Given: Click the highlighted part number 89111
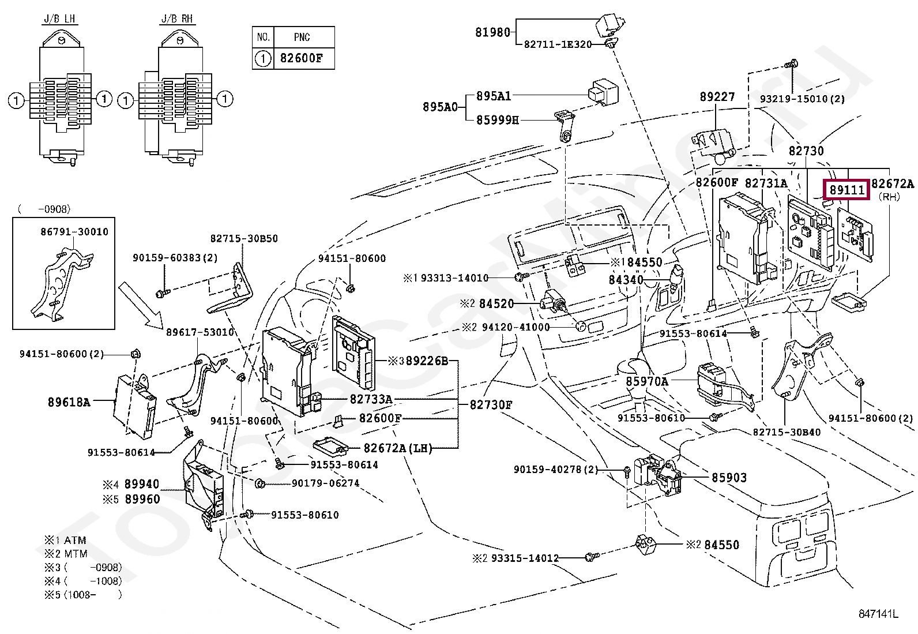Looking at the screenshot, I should click(x=846, y=190).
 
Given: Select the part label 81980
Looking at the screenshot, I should click(x=492, y=32).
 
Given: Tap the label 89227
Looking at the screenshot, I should click(x=717, y=97).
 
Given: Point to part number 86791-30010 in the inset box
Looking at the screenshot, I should click(x=74, y=232).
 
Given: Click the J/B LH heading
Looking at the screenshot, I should click(x=59, y=19).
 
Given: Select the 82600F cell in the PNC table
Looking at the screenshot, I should click(x=302, y=58).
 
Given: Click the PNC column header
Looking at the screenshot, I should click(x=302, y=37).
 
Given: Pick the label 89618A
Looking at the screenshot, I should click(x=69, y=402).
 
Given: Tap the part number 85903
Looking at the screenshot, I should click(x=729, y=478).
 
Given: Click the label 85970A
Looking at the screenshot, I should click(x=647, y=382).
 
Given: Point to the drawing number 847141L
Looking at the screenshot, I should click(x=878, y=614).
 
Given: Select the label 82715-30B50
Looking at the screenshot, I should click(x=244, y=238).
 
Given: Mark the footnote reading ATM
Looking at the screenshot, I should click(x=75, y=541).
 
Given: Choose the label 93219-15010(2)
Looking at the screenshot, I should click(x=802, y=99).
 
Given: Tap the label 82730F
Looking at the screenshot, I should click(x=491, y=405).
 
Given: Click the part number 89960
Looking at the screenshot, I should click(x=142, y=499).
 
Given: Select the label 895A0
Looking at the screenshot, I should click(x=440, y=107).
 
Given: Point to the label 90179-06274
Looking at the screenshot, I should click(x=325, y=483).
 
